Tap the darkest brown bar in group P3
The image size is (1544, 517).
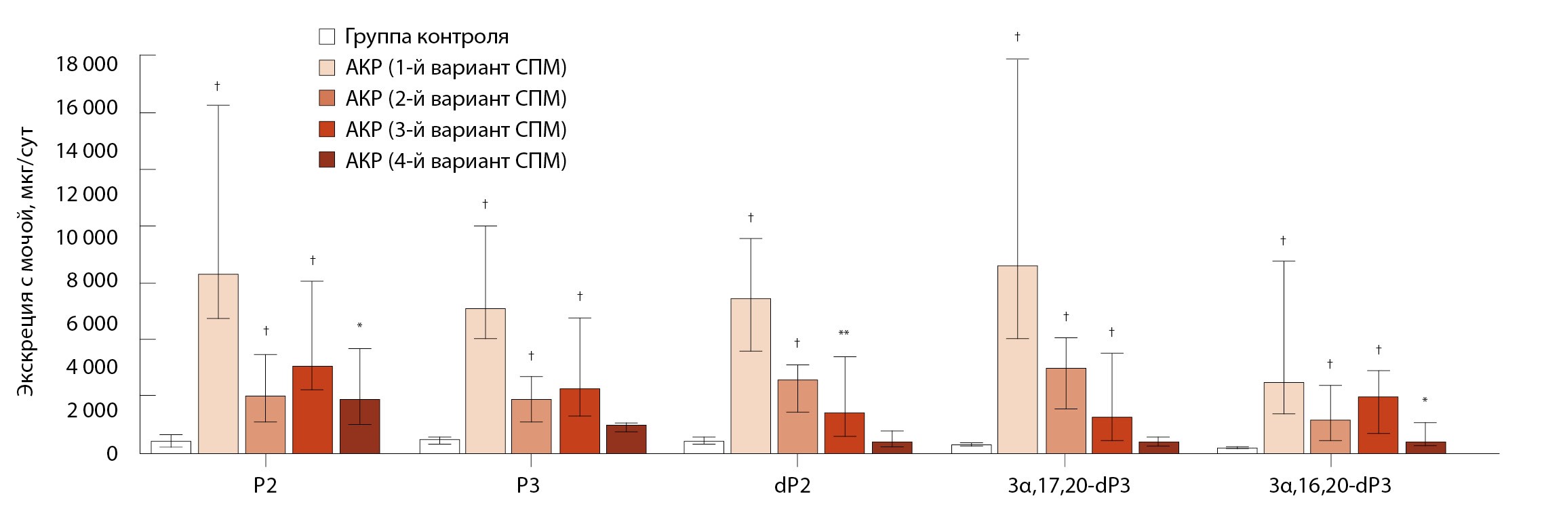point(626,439)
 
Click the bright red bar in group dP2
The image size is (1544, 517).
point(844,432)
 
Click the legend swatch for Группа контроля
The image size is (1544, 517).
point(327,36)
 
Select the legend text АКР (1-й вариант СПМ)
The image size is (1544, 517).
point(455,68)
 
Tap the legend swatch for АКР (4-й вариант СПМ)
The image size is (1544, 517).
point(327,161)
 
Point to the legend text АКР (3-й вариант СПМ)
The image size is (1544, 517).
point(455,129)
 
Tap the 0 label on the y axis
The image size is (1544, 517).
point(111,453)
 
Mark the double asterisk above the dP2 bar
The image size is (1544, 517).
point(844,333)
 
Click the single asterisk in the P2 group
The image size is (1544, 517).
point(359,326)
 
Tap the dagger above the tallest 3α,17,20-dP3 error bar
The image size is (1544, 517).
point(1017,36)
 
